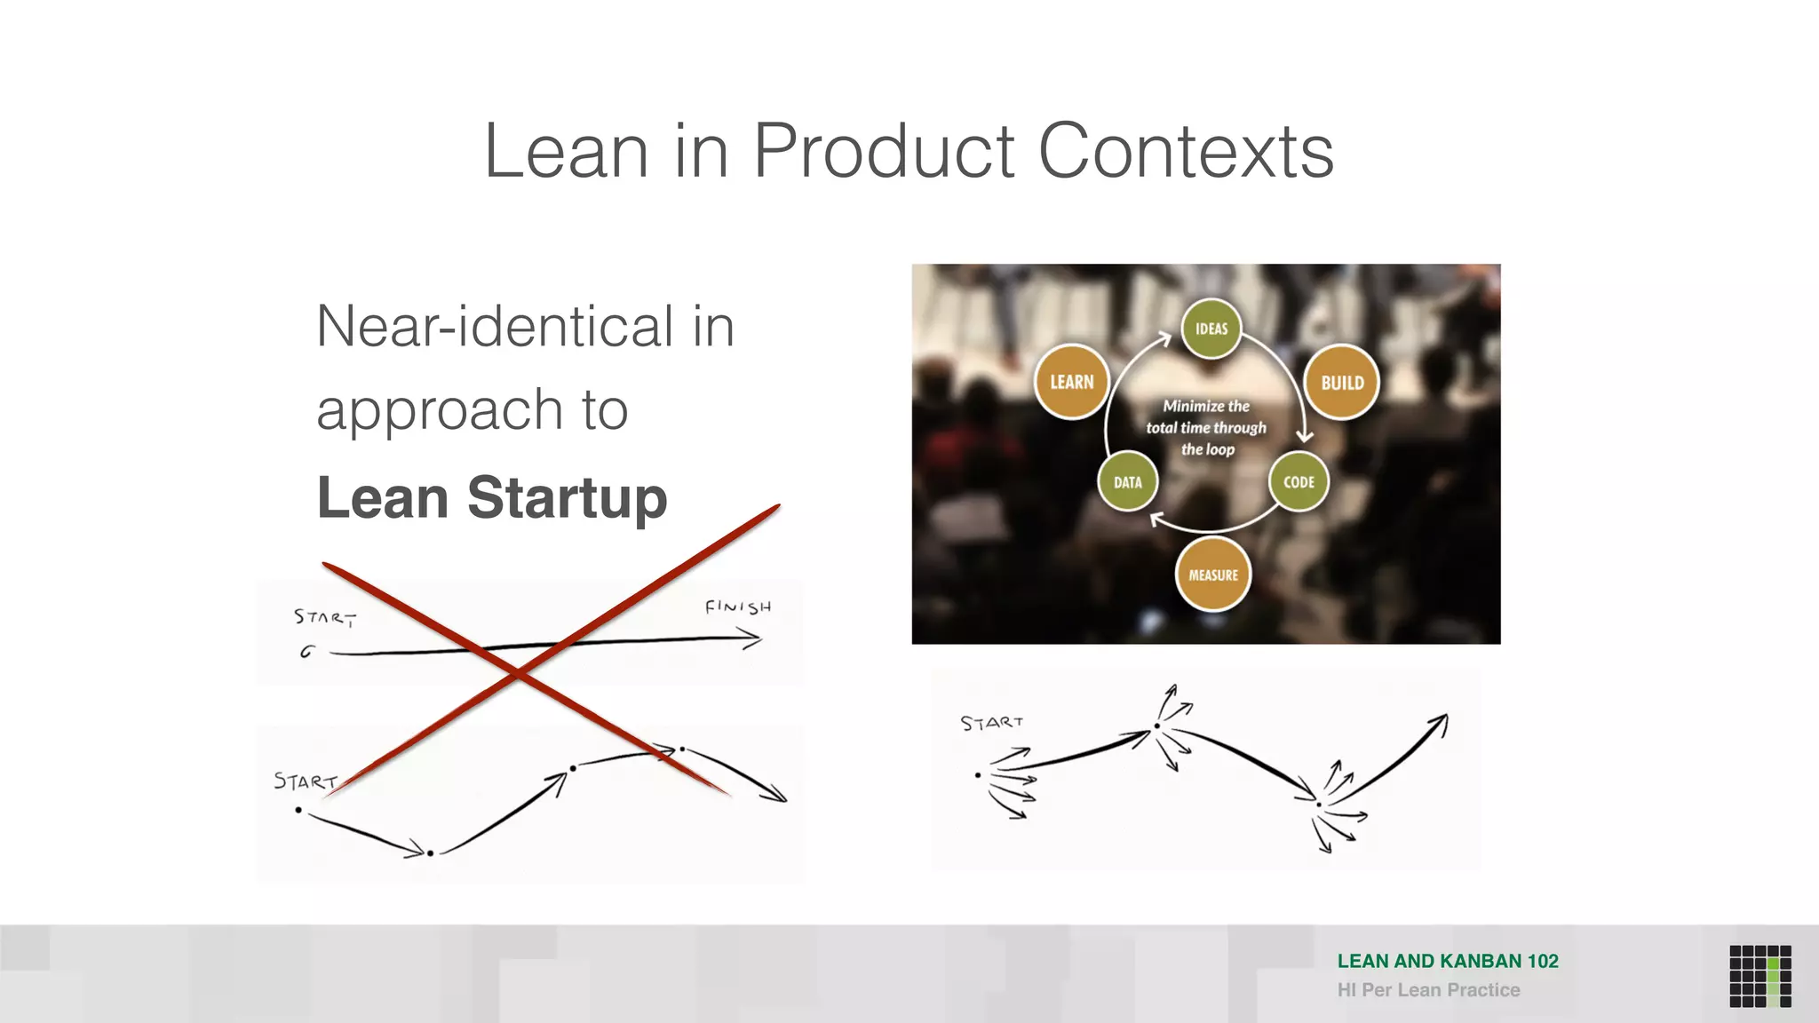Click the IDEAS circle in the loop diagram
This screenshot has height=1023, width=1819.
tap(1211, 329)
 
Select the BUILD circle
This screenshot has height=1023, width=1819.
tap(1341, 383)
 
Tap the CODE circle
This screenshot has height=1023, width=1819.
tap(1299, 482)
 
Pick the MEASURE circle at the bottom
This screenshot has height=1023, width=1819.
tap(1212, 575)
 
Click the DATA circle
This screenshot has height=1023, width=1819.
tap(1127, 482)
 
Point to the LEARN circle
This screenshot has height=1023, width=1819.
tap(1072, 382)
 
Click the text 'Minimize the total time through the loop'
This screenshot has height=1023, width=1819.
tap(1206, 427)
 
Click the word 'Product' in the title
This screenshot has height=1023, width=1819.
tap(883, 152)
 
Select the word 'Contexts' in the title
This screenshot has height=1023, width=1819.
tap(1186, 152)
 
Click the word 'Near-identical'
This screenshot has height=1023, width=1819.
tap(496, 326)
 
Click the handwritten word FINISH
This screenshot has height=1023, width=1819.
tap(737, 607)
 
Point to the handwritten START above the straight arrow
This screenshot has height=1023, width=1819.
tap(325, 616)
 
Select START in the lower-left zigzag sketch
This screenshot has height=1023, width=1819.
tap(305, 781)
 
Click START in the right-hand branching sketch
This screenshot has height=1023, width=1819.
tap(991, 723)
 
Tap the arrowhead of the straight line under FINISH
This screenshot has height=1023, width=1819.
tap(753, 638)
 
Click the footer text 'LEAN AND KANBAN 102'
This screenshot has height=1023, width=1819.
tap(1448, 961)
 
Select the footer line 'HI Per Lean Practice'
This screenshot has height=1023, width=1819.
tap(1428, 990)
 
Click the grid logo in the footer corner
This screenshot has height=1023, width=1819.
tap(1759, 976)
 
